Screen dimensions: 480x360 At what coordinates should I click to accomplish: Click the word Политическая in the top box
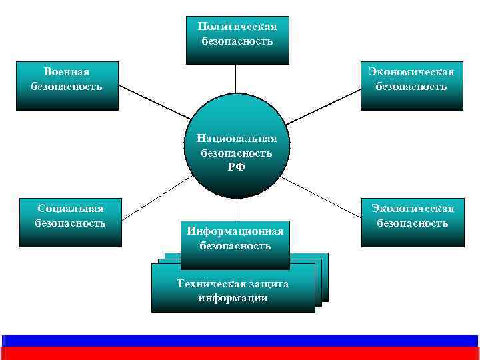click(237, 27)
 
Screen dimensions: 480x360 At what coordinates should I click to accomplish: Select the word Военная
click(67, 71)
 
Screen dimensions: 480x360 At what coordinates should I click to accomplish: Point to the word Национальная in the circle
click(237, 138)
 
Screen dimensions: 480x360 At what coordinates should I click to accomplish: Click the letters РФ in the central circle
click(237, 167)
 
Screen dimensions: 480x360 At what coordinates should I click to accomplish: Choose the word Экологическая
click(413, 209)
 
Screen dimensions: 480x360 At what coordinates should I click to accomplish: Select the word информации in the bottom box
click(233, 297)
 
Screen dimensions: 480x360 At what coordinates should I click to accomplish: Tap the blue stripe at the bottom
click(240, 340)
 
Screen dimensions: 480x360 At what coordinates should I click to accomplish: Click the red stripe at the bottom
click(240, 353)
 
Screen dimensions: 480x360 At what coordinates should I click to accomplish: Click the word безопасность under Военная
click(67, 86)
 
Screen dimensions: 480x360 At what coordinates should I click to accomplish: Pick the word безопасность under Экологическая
click(413, 223)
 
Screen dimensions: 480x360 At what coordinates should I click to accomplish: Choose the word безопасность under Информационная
click(235, 245)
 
